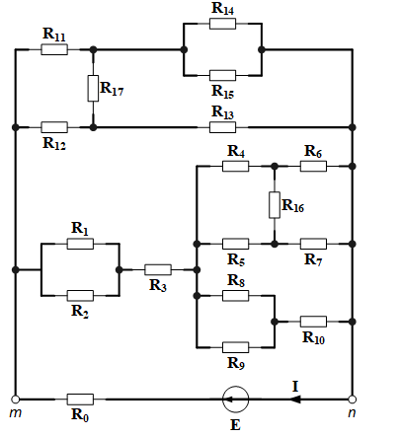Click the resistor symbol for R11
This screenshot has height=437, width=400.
[54, 49]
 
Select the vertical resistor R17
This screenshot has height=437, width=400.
[93, 88]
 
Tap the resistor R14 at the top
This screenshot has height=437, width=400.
[222, 24]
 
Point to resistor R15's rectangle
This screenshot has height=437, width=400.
[222, 75]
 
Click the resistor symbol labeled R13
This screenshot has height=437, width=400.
[222, 127]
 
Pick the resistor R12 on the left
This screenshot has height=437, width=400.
[54, 127]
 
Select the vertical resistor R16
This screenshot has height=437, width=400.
[275, 205]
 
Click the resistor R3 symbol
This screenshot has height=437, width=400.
[158, 269]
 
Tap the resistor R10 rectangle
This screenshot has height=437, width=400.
[313, 322]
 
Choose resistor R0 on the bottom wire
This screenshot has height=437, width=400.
[80, 400]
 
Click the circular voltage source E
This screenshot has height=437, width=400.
[235, 400]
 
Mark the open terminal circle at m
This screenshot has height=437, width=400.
[15, 400]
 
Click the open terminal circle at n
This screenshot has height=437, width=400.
[353, 400]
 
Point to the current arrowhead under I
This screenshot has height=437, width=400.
[295, 400]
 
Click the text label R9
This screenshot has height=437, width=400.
[236, 363]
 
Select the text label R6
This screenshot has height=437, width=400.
[313, 152]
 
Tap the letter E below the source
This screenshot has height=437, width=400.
[235, 425]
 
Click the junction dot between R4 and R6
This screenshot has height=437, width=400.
[275, 166]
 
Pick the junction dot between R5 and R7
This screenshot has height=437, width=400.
[275, 244]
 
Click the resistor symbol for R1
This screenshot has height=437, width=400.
[80, 244]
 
